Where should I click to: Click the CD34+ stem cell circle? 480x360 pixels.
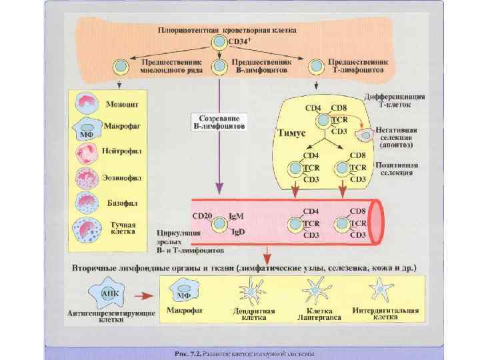point(219,42)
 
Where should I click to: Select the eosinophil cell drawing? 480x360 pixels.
point(88,178)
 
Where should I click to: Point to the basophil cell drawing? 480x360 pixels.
point(88,202)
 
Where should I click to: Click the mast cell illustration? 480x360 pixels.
point(87,229)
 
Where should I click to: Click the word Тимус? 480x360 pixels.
point(291,133)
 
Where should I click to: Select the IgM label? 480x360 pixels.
point(236,217)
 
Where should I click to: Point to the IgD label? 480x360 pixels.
point(236,232)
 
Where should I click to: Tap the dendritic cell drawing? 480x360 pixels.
point(248,292)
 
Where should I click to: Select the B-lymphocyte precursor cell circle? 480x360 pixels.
point(219,66)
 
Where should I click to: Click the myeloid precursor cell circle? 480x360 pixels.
point(120,66)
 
